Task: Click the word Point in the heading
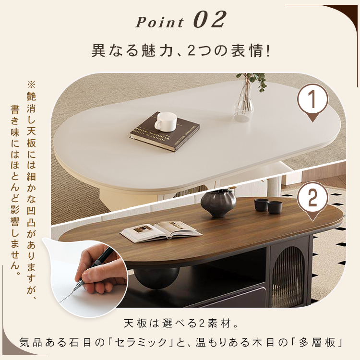[159, 22]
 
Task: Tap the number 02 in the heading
[210, 20]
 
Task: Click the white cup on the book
[165, 122]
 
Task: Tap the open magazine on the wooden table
[161, 231]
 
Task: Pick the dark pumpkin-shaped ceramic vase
[218, 203]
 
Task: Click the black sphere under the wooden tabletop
[156, 278]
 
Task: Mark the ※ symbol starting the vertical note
[31, 84]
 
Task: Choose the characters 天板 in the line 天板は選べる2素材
[135, 324]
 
